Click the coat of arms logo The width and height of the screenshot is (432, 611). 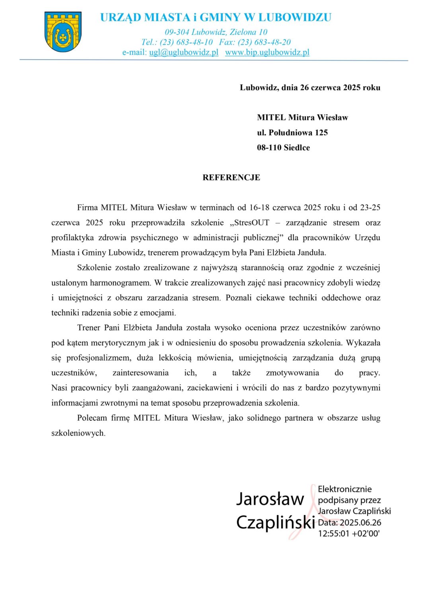[63, 31]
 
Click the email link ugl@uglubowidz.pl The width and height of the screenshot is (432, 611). [183, 52]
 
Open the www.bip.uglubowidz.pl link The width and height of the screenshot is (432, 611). [267, 52]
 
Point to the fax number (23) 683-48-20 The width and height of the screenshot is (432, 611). [264, 42]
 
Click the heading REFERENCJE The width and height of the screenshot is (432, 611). [231, 177]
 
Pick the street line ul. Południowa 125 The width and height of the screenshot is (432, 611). [292, 132]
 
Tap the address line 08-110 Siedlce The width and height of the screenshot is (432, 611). [283, 148]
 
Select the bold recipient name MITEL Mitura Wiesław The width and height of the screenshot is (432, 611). [302, 117]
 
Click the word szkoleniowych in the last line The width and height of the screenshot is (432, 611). [78, 433]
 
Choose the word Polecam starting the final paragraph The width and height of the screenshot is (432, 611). [92, 418]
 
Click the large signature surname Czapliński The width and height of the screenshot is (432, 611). [275, 522]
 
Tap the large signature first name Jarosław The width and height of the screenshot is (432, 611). [270, 499]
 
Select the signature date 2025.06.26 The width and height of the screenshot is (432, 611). [360, 522]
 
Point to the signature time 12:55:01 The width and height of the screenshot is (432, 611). [333, 533]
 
